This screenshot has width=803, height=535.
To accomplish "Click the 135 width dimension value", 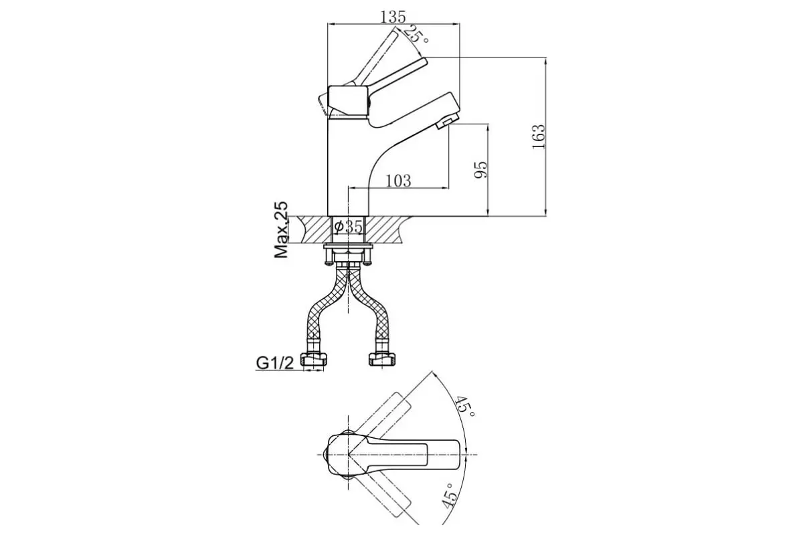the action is coord(393,17).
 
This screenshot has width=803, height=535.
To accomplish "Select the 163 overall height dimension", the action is coord(538,136).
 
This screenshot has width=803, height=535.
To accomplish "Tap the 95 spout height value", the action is coord(480,169).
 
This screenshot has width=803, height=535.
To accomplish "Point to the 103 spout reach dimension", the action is coord(398,181).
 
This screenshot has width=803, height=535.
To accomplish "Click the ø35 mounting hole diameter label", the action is coord(348,227).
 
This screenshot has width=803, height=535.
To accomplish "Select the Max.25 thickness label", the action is coord(282,229).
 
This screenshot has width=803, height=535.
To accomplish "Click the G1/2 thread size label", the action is coord(275,363).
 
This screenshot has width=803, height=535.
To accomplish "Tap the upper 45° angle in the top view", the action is coord(465,407).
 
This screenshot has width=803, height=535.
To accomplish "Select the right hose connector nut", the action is coord(382,359).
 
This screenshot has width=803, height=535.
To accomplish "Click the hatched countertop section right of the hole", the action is coord(387,229).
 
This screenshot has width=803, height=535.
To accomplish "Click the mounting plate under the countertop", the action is coord(348,246).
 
